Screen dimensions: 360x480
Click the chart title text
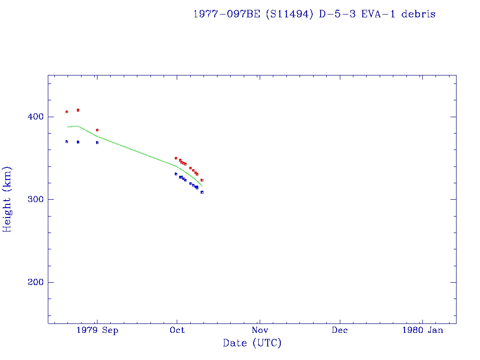click(314, 14)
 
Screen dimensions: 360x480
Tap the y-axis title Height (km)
click(7, 199)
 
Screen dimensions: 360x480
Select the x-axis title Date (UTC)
click(252, 343)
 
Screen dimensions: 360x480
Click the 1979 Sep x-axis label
click(97, 330)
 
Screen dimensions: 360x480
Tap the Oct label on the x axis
click(177, 330)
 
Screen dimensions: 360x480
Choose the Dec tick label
click(340, 330)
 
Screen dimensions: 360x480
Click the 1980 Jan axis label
click(422, 330)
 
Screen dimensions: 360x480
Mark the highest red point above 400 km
click(78, 110)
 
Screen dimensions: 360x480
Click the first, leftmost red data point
click(67, 112)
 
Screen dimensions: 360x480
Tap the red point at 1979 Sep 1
click(97, 130)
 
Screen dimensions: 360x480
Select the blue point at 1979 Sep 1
click(97, 142)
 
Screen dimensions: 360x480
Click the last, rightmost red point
click(202, 180)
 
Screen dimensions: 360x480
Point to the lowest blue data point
click(202, 192)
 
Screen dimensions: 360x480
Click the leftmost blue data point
click(67, 142)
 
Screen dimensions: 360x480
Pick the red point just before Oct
click(176, 158)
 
